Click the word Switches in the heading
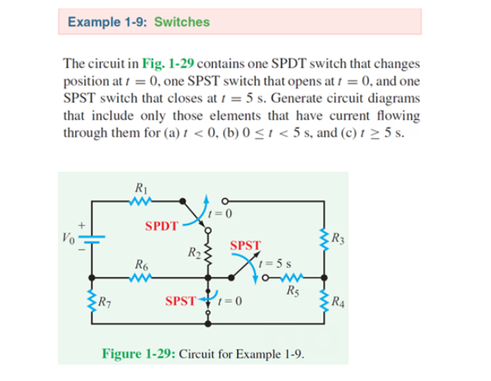[182, 22]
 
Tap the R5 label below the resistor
[292, 293]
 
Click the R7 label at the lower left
[103, 299]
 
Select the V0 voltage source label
[69, 236]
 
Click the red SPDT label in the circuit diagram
[161, 226]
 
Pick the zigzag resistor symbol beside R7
[91, 299]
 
